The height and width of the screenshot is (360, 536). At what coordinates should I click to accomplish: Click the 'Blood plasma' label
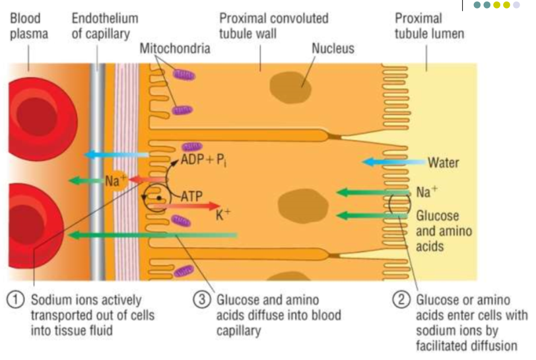coord(28,26)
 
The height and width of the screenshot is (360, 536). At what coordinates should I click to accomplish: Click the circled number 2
coord(403,300)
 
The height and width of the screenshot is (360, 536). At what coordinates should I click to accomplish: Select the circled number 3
coord(202,300)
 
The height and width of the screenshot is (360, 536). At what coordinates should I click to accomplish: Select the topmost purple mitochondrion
coord(185,75)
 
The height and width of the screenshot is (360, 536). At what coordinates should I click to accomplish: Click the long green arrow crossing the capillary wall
coord(152,234)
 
